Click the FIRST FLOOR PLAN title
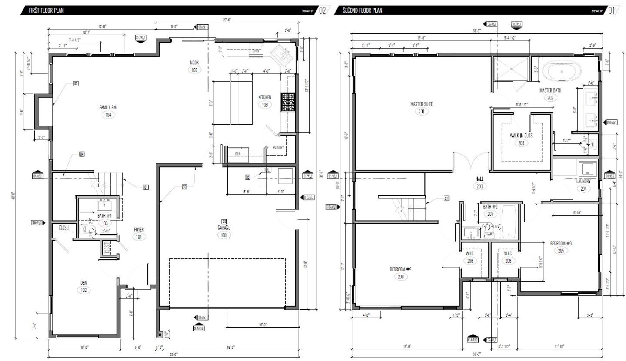tap(46, 10)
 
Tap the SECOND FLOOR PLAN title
tap(363, 10)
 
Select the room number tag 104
tap(108, 115)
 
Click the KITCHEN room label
tap(264, 97)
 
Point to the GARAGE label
tap(224, 228)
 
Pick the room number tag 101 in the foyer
tap(139, 237)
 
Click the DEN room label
tap(83, 282)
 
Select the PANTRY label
tap(278, 148)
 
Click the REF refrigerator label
tap(238, 153)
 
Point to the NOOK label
tap(194, 63)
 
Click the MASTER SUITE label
tap(421, 104)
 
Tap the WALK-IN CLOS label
tap(521, 136)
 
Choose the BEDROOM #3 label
tap(561, 243)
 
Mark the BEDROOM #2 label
tap(400, 269)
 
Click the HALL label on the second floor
tap(479, 179)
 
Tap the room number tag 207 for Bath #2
tap(490, 214)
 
